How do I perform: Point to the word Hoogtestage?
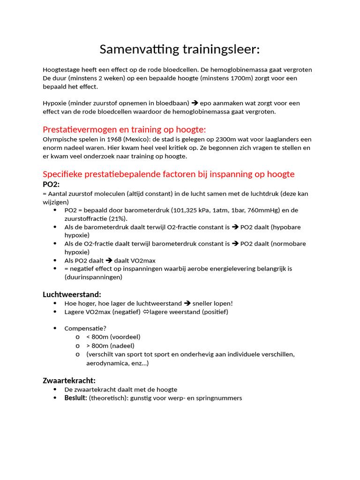[x=61, y=70]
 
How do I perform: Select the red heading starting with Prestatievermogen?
[x=124, y=129]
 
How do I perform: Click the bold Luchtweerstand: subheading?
[x=72, y=294]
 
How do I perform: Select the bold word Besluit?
[x=76, y=398]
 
